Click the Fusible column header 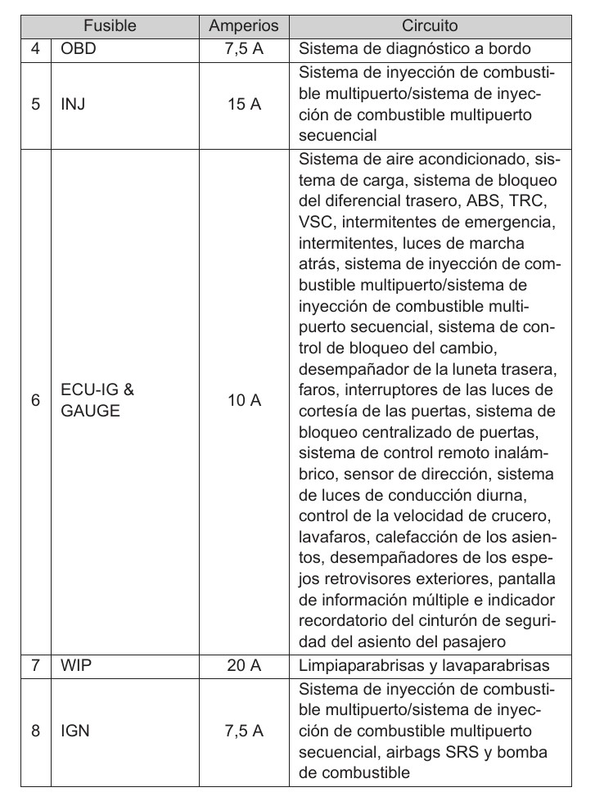coord(110,26)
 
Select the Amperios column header coord(244,26)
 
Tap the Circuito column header coord(429,26)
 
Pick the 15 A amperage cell coord(244,105)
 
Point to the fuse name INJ coord(72,105)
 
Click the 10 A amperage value coord(244,400)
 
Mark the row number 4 coord(35,48)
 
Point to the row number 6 coord(35,400)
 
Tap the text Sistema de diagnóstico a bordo coord(415,48)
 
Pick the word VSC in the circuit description coord(314,221)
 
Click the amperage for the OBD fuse coord(244,48)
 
